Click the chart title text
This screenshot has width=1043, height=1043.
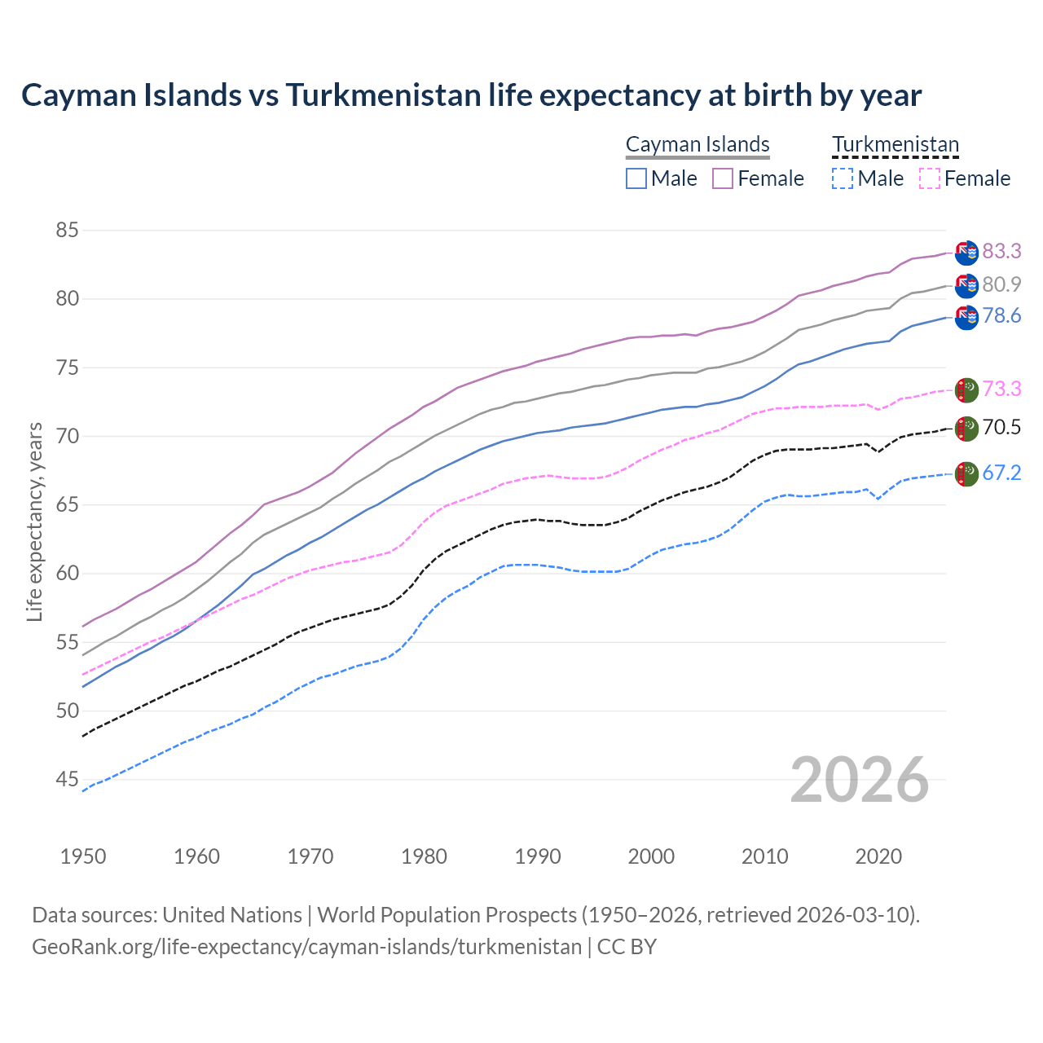click(471, 95)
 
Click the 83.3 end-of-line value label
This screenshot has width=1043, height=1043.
click(1001, 252)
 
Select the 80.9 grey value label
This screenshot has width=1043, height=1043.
click(1001, 284)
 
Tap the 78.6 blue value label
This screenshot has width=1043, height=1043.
click(1001, 316)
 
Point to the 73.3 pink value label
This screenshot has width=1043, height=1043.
click(1001, 389)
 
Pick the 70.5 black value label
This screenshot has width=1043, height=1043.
click(1001, 428)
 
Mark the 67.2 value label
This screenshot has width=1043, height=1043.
click(1001, 473)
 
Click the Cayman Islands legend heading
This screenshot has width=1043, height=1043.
click(698, 145)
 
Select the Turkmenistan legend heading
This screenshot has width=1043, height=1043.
click(896, 145)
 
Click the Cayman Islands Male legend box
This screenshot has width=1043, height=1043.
click(636, 178)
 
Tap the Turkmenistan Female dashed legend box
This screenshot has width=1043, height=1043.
click(930, 178)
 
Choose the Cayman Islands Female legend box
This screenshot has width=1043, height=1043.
click(723, 178)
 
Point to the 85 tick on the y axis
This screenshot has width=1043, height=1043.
click(67, 231)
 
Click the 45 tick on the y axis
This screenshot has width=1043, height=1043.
click(67, 780)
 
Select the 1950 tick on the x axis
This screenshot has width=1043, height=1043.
click(83, 856)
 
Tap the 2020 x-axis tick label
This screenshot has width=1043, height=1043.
click(878, 856)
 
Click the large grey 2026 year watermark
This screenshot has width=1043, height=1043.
click(860, 781)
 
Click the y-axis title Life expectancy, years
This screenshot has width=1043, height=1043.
click(35, 521)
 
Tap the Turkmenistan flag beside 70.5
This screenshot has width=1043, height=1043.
click(966, 429)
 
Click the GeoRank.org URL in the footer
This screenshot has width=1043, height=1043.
click(306, 947)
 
